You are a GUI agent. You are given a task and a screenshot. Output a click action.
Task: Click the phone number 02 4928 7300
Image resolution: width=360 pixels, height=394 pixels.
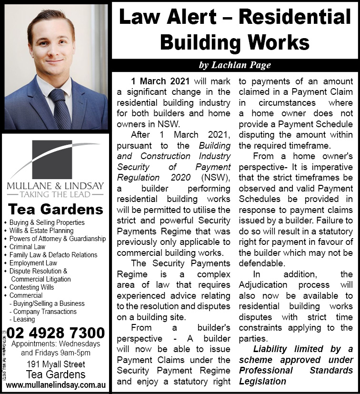[x=56, y=333]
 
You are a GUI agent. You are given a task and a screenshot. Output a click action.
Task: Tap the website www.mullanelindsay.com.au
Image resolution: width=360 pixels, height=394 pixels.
[x=56, y=384]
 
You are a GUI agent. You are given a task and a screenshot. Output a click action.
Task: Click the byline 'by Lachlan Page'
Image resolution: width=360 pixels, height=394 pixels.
[x=235, y=65]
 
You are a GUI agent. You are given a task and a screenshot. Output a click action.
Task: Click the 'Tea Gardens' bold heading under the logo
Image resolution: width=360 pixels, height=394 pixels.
[x=56, y=210]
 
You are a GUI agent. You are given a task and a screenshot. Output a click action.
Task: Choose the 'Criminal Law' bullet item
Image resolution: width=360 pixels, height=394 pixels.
[x=27, y=247]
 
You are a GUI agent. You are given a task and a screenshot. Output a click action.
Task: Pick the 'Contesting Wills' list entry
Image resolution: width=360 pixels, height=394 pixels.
[x=31, y=287]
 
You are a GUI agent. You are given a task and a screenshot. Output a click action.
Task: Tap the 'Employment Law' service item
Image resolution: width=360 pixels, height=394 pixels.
[x=33, y=263]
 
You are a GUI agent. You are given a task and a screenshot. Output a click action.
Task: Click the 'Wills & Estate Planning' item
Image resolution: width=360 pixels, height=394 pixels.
[x=41, y=231]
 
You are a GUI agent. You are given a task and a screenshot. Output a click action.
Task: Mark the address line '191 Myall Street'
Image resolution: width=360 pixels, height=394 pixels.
[x=56, y=364]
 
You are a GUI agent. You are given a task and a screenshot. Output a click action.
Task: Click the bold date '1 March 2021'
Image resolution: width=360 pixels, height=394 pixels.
[x=160, y=81]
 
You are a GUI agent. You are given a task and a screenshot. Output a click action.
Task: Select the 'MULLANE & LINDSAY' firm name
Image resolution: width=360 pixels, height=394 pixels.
[x=55, y=185]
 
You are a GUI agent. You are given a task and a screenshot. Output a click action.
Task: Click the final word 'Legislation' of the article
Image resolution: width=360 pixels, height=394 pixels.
[x=262, y=381]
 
